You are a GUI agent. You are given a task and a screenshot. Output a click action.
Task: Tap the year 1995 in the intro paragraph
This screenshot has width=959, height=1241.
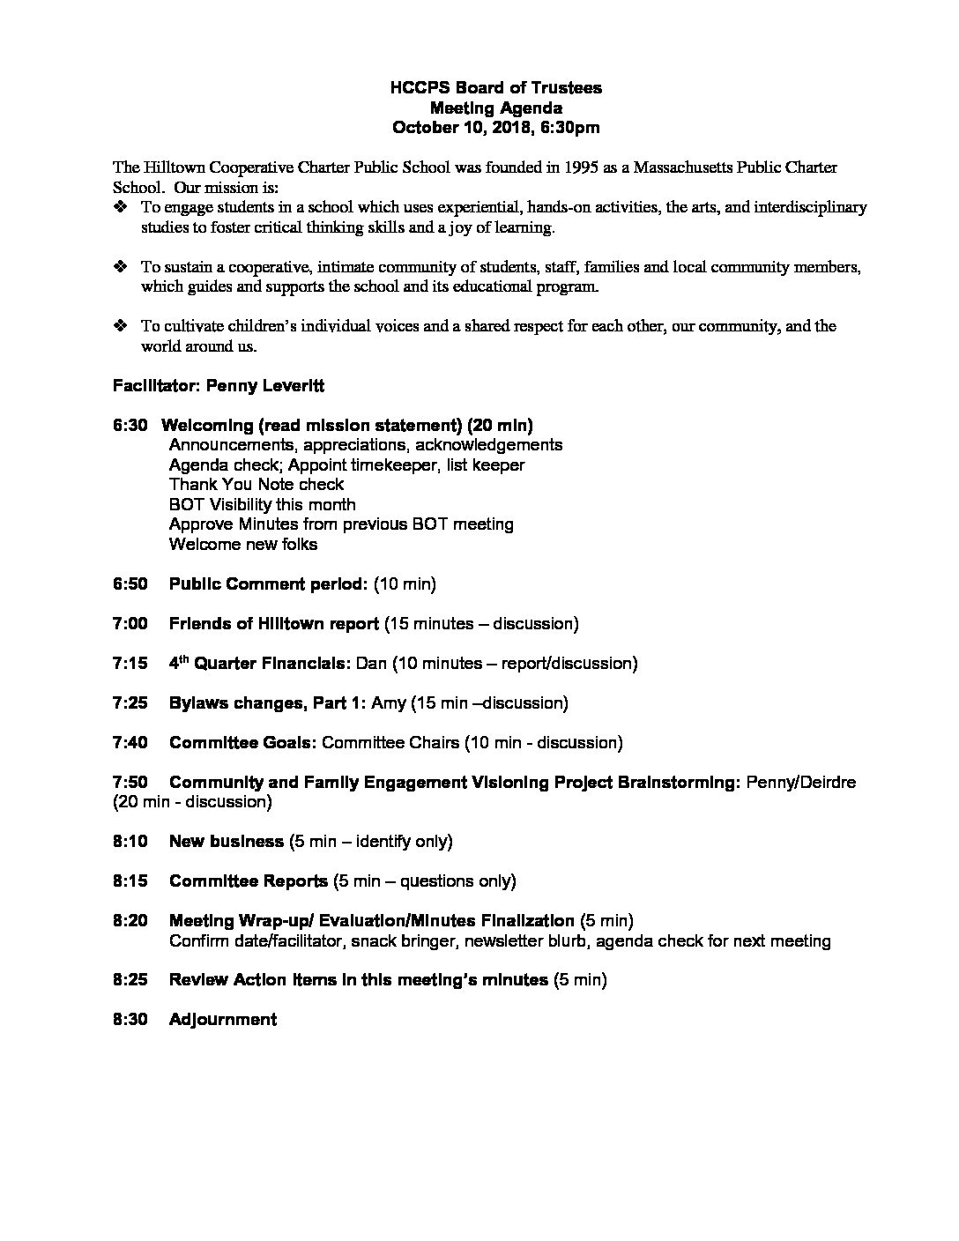click(x=551, y=167)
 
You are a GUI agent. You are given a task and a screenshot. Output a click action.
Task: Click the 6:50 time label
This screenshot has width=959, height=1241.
click(x=130, y=584)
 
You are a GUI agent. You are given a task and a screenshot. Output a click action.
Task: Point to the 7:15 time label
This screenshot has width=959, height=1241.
click(x=130, y=664)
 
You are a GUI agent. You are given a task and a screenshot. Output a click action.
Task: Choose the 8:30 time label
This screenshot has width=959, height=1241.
click(x=130, y=1020)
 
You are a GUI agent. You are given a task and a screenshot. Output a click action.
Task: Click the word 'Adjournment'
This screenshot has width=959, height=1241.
click(x=222, y=1020)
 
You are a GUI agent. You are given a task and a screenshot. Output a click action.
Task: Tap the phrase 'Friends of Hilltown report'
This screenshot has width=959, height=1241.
click(x=274, y=624)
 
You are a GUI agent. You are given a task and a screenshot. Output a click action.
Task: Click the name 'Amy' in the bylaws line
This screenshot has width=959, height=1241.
click(x=388, y=703)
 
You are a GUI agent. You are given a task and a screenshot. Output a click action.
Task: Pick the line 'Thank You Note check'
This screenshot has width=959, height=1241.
click(x=256, y=485)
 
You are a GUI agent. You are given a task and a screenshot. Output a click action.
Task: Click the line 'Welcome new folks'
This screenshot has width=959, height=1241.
click(x=242, y=545)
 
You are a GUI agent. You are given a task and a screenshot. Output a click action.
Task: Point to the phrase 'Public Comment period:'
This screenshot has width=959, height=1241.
click(x=268, y=584)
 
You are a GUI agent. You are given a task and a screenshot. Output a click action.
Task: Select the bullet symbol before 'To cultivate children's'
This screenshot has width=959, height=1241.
click(x=121, y=326)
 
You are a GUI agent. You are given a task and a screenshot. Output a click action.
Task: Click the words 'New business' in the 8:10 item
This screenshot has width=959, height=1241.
click(x=226, y=842)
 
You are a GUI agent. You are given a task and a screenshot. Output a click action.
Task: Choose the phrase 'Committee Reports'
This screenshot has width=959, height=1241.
click(x=248, y=881)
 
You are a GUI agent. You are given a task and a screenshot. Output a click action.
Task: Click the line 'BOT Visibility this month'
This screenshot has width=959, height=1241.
click(x=262, y=505)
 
